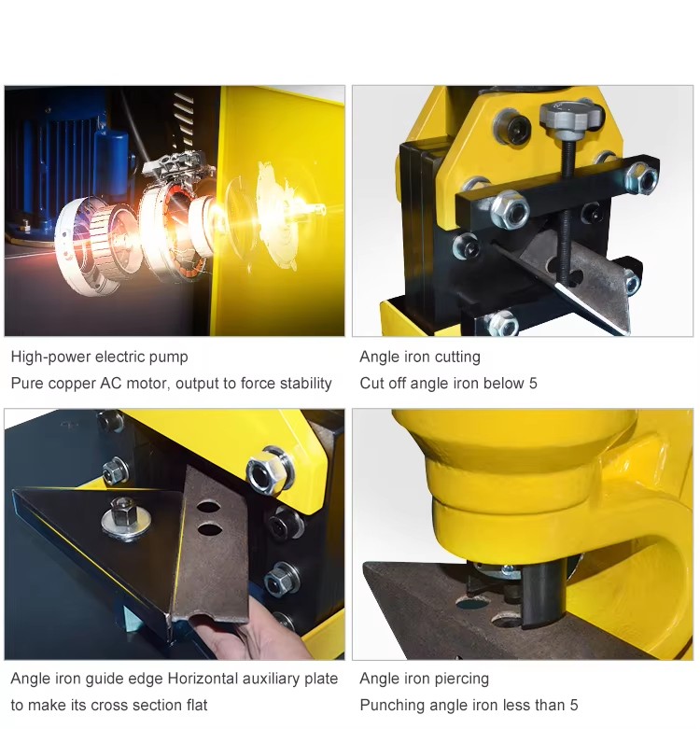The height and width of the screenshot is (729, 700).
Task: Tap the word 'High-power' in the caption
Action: tap(50, 357)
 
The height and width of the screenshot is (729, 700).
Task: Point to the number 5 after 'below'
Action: tap(533, 384)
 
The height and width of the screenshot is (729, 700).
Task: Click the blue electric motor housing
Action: tap(65, 153)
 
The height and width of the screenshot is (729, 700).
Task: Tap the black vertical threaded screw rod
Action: tap(567, 209)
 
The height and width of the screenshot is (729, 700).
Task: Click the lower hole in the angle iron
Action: tap(210, 529)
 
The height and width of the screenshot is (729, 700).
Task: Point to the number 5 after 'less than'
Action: tap(574, 706)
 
